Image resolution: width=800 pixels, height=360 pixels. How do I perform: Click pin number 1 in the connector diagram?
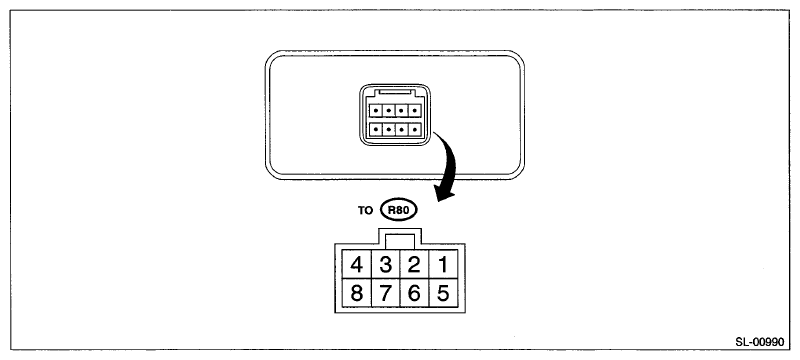pyautogui.click(x=443, y=264)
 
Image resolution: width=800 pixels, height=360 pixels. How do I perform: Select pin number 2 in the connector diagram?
pyautogui.click(x=414, y=264)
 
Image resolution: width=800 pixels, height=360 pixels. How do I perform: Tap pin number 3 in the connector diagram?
pyautogui.click(x=386, y=264)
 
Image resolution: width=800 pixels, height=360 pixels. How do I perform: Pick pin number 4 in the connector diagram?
pyautogui.click(x=357, y=264)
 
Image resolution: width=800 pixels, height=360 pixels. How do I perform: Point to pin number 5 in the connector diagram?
pyautogui.click(x=443, y=293)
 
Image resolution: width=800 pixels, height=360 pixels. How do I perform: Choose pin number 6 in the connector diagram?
pyautogui.click(x=414, y=293)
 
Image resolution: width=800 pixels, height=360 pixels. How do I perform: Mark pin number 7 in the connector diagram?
pyautogui.click(x=386, y=293)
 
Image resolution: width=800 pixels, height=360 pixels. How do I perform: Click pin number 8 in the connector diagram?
pyautogui.click(x=357, y=293)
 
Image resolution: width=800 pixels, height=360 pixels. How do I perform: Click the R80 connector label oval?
pyautogui.click(x=399, y=210)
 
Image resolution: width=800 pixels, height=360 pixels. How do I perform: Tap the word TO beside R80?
pyautogui.click(x=365, y=210)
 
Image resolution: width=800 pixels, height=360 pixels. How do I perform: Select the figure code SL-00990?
pyautogui.click(x=759, y=342)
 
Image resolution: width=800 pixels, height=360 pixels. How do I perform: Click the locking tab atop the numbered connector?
pyautogui.click(x=400, y=239)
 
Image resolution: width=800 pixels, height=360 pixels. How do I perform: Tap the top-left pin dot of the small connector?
pyautogui.click(x=377, y=110)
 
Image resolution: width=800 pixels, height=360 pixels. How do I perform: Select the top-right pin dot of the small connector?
pyautogui.click(x=414, y=110)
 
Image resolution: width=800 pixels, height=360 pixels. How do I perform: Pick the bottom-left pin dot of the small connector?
pyautogui.click(x=377, y=129)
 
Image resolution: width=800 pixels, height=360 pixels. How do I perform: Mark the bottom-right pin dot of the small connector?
pyautogui.click(x=414, y=129)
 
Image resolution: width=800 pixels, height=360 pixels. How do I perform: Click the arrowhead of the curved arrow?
pyautogui.click(x=443, y=193)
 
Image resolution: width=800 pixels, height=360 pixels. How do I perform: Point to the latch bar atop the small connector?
pyautogui.click(x=395, y=93)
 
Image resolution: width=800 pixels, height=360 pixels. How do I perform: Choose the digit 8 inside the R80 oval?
pyautogui.click(x=399, y=210)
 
